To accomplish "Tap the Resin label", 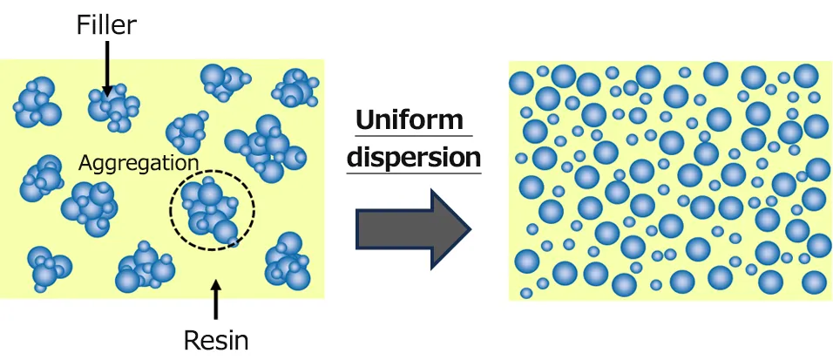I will click(x=216, y=339).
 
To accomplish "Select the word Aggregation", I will click(x=139, y=162).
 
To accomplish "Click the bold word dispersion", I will click(x=414, y=157).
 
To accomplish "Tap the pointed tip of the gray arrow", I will click(x=469, y=230).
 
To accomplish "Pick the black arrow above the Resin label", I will click(x=216, y=296).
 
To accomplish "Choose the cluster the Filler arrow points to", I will click(x=113, y=107).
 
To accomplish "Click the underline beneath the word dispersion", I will click(x=414, y=173).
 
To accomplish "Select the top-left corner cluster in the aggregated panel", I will click(x=37, y=101).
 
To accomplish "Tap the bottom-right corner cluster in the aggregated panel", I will click(x=288, y=261).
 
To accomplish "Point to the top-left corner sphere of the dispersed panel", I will click(x=521, y=84).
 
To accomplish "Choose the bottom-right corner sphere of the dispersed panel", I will click(x=813, y=282).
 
